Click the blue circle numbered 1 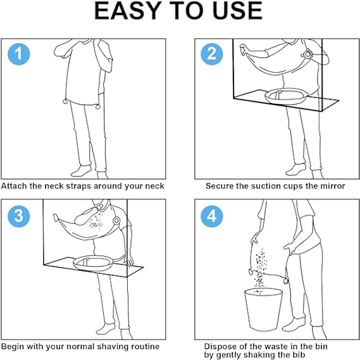point(19,54)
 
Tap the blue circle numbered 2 point(212,54)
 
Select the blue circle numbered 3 point(19,216)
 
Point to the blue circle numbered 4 point(212,216)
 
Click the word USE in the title point(238,11)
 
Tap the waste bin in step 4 point(263,309)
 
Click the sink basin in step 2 point(286,97)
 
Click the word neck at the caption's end point(155,186)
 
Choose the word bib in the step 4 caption point(299,355)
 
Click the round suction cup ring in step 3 point(116,221)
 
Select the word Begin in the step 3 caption point(13,346)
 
